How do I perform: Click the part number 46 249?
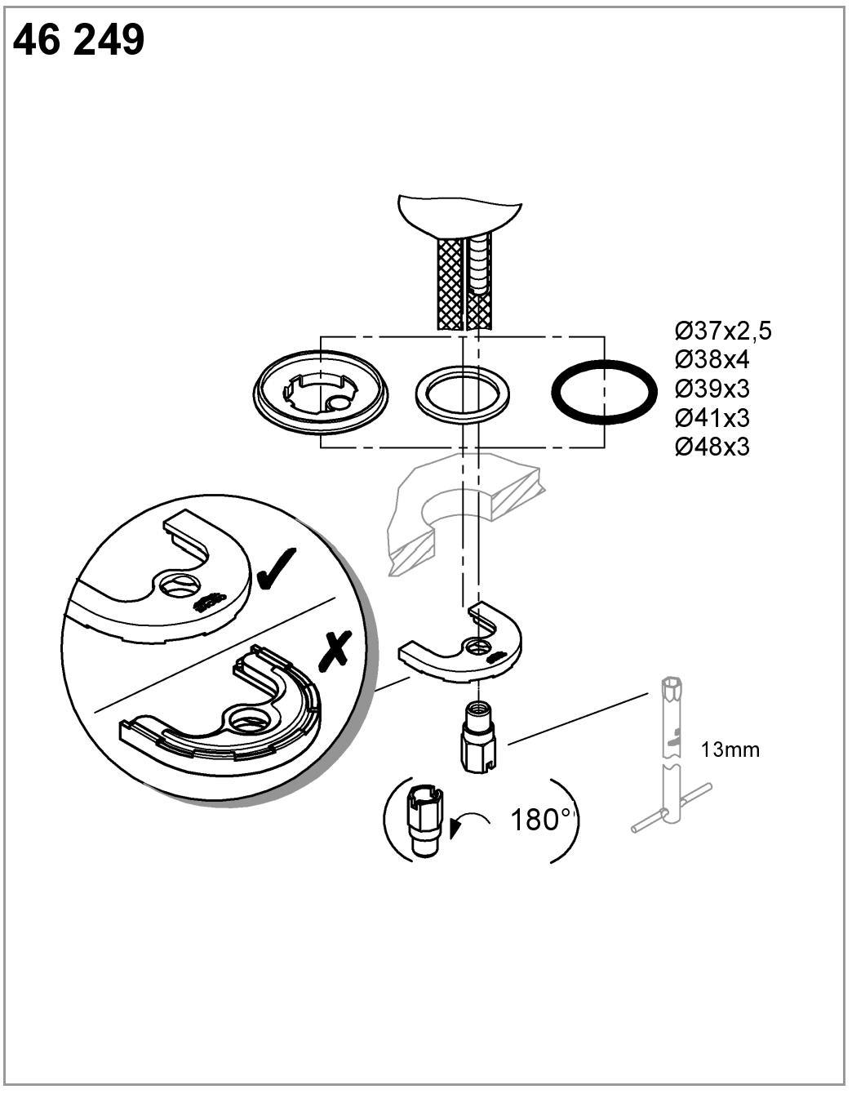point(78,41)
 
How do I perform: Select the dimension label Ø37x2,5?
point(723,331)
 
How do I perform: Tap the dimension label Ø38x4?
point(712,360)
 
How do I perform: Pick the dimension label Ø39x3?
point(712,389)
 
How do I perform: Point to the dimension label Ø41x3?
point(712,417)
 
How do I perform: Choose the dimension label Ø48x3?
point(712,446)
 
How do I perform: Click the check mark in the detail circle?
point(276,569)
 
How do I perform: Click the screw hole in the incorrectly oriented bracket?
point(246,720)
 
